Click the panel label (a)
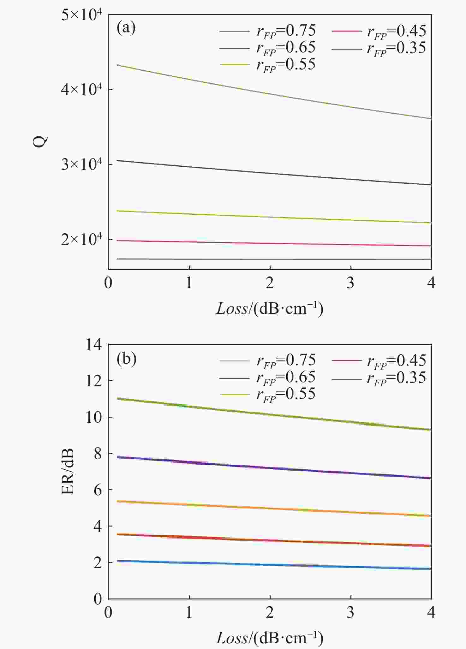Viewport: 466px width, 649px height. click(x=126, y=28)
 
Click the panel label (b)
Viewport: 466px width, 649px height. click(x=126, y=359)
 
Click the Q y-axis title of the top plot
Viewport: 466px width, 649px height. click(x=40, y=141)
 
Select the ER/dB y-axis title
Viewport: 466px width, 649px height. click(x=68, y=472)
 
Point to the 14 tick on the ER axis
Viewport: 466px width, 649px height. click(x=94, y=345)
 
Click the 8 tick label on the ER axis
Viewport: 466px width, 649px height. click(x=98, y=454)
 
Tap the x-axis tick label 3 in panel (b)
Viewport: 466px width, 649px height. click(x=350, y=613)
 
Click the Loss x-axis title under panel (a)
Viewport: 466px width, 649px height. click(x=270, y=308)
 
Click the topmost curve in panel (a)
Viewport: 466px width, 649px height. click(x=270, y=93)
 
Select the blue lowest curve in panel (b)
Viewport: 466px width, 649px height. click(x=270, y=565)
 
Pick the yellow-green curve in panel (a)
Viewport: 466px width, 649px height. click(x=270, y=217)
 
